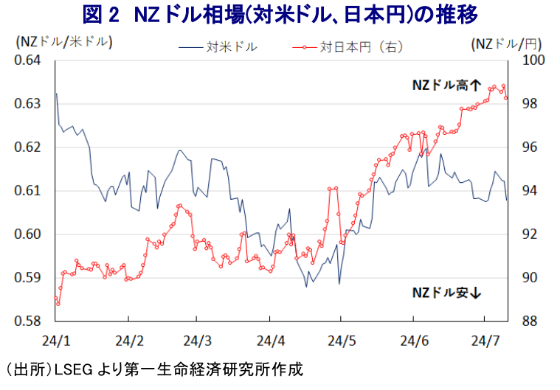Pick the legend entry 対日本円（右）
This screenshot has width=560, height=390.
click(360, 47)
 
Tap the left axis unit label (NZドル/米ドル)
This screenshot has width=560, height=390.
click(64, 42)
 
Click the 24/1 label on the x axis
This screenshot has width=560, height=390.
click(56, 341)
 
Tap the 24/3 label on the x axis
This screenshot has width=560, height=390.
click(198, 341)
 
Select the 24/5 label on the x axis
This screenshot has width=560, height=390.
click(340, 341)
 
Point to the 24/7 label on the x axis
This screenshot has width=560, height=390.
click(484, 341)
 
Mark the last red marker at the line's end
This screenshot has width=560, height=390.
click(506, 98)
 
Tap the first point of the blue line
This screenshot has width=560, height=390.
click(57, 94)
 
